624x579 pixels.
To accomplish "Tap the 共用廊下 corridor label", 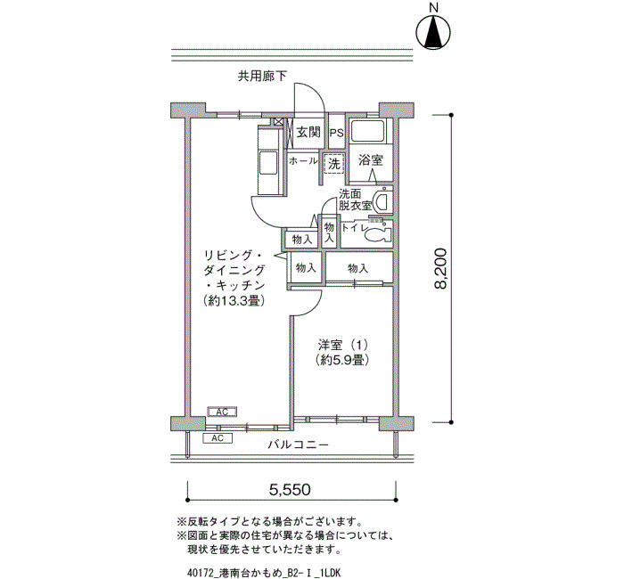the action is (262, 76).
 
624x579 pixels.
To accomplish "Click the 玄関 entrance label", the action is (308, 132).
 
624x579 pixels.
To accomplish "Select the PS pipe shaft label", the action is (336, 133).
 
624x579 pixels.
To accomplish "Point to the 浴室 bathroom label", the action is (371, 160).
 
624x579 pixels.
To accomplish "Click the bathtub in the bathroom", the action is (367, 130).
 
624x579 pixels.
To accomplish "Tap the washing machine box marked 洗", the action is (334, 163).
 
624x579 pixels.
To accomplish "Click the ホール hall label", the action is (303, 161).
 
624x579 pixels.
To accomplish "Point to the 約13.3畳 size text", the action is (234, 301).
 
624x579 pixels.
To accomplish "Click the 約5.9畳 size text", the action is (342, 360).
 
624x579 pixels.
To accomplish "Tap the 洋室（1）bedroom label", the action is (342, 344).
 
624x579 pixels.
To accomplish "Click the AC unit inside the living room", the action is (222, 412).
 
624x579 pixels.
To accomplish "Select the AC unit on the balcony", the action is (218, 438).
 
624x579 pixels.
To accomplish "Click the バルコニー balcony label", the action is (298, 444).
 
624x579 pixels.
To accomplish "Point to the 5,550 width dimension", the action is (290, 490).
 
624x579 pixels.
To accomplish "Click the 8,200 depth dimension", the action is (441, 268).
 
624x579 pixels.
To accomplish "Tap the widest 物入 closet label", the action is (357, 269).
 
